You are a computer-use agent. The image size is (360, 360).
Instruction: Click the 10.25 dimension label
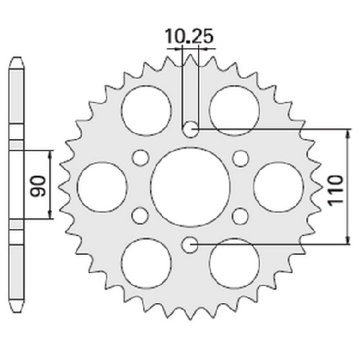point(189,37)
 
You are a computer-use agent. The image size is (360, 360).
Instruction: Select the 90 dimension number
point(39,186)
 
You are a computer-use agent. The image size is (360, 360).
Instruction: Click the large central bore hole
point(190,187)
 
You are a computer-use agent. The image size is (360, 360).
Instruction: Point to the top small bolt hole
point(190,130)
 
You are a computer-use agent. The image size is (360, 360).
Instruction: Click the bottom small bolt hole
point(190,245)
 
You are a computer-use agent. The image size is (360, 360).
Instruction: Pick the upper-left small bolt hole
point(140,158)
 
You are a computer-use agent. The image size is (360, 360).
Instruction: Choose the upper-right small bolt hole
point(240,158)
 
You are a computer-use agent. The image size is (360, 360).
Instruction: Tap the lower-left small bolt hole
point(140,216)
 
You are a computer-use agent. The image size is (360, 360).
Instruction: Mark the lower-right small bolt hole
point(240,216)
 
